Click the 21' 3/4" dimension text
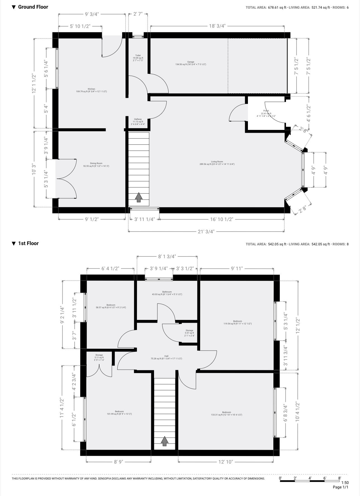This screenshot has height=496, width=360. click(206, 231)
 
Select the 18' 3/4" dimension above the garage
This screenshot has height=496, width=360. click(217, 26)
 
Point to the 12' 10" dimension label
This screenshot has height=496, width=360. click(225, 462)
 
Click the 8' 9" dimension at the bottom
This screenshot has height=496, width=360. click(119, 462)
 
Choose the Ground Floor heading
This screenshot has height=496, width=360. click(33, 7)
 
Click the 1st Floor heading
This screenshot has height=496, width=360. click(28, 243)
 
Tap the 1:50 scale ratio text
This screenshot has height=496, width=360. click(345, 482)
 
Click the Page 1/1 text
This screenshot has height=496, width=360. click(340, 487)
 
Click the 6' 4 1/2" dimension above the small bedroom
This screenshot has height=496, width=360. click(110, 269)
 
